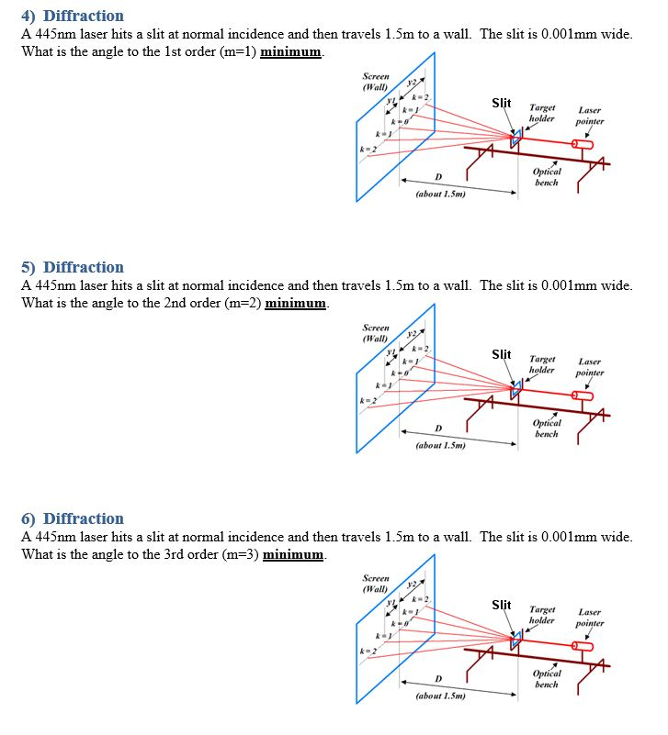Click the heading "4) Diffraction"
(x=73, y=16)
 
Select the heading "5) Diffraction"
(x=73, y=267)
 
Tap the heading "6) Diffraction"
(x=73, y=518)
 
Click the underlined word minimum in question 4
(x=291, y=51)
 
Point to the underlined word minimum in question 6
(x=293, y=554)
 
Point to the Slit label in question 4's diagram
(x=502, y=103)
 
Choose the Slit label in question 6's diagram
(x=502, y=605)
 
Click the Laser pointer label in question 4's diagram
(x=590, y=115)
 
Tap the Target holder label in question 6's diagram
(x=542, y=615)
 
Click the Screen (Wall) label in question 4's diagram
(x=376, y=82)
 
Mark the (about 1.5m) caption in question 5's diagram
(x=440, y=445)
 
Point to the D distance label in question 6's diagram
(x=437, y=679)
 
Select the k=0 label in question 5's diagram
(x=400, y=373)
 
